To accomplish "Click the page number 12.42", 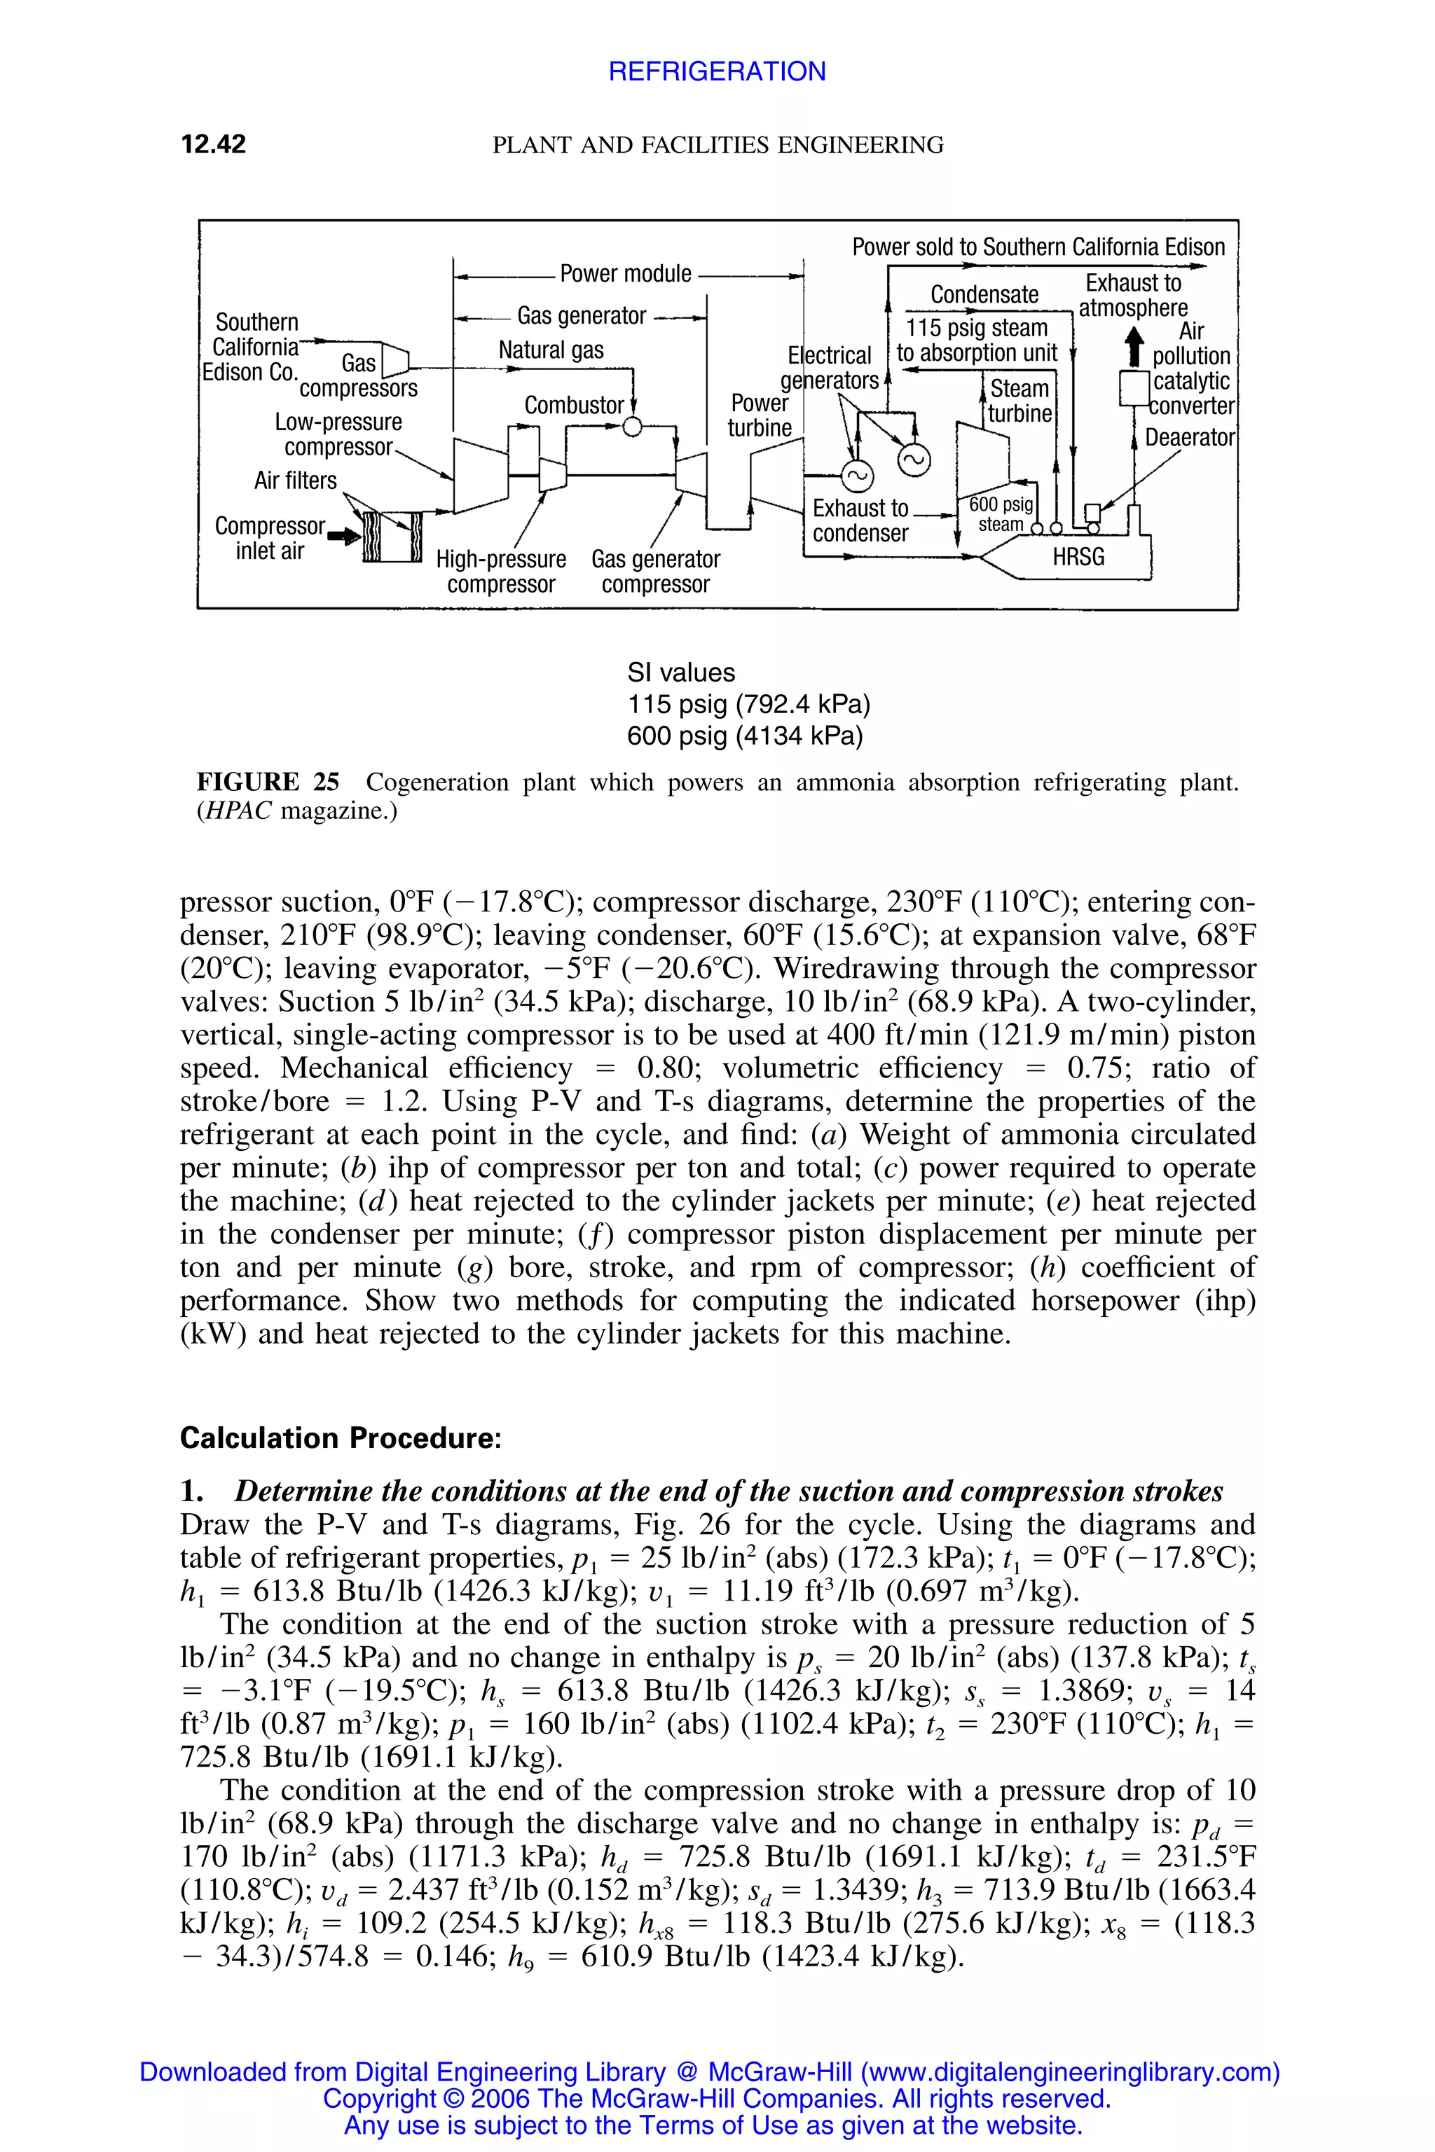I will (213, 144).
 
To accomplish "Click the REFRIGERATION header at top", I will (717, 71).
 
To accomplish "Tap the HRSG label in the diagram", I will (1078, 556).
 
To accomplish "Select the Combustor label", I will (574, 406).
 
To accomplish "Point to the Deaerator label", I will (1190, 437).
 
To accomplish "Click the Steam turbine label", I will (1019, 401).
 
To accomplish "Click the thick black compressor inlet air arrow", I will (344, 537).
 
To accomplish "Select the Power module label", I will (625, 274).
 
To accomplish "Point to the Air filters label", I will (295, 481).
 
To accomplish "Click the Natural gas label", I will (551, 350).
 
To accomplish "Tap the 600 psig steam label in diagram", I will (1001, 514).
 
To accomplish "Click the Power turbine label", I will (759, 415).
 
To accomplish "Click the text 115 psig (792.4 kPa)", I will (748, 705).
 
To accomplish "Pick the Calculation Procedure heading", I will (341, 1438).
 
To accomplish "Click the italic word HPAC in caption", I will (239, 812).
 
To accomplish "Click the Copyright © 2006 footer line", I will (717, 2098).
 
